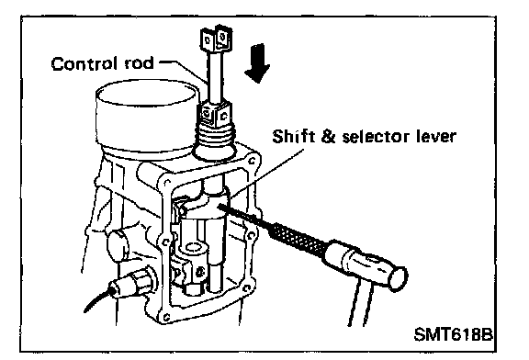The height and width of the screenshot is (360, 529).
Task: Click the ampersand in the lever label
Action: pos(327,137)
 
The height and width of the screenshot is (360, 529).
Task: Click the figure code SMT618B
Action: pos(453,334)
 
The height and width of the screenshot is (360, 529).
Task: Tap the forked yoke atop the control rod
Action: pos(216,39)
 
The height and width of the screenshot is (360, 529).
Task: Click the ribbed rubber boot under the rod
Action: pos(214,141)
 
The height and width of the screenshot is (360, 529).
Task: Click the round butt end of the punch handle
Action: pos(398,278)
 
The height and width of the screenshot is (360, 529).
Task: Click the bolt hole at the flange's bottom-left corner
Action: pos(165,317)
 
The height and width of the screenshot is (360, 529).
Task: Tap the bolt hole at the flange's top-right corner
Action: pos(252,161)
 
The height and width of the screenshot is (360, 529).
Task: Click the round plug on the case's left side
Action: pos(118,245)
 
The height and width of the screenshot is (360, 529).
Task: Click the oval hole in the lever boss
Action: pos(192,248)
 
